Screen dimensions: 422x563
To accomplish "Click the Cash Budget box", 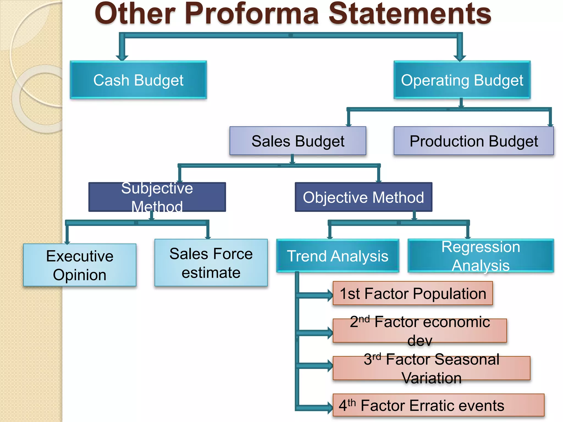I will tap(138, 80).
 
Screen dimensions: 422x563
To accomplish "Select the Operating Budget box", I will tap(462, 80).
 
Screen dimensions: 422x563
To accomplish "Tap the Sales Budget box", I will tap(298, 141).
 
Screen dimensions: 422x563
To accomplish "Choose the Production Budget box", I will tap(474, 141).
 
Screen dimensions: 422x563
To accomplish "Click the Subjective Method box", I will tap(157, 197).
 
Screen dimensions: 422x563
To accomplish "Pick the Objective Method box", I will tap(363, 197).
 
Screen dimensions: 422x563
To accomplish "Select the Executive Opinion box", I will tap(80, 265).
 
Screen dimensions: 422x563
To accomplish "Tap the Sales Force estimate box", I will tap(211, 263).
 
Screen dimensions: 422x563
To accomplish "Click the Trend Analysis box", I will tap(338, 256).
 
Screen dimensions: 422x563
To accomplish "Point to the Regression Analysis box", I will tap(481, 256).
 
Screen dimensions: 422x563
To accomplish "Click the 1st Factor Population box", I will tap(413, 293).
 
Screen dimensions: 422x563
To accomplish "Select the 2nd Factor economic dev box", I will tap(420, 331).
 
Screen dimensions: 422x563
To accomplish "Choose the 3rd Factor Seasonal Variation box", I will tap(431, 368).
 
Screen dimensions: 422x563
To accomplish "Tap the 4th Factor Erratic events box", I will tap(438, 405).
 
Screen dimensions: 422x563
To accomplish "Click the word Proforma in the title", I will tap(251, 14).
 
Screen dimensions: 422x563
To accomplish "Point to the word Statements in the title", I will tap(410, 14).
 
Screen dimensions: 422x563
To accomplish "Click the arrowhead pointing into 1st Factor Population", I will tap(330, 295).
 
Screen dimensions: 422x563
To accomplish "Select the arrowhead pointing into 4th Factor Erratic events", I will tap(330, 407).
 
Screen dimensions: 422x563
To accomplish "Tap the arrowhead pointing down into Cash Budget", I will tap(122, 58).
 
